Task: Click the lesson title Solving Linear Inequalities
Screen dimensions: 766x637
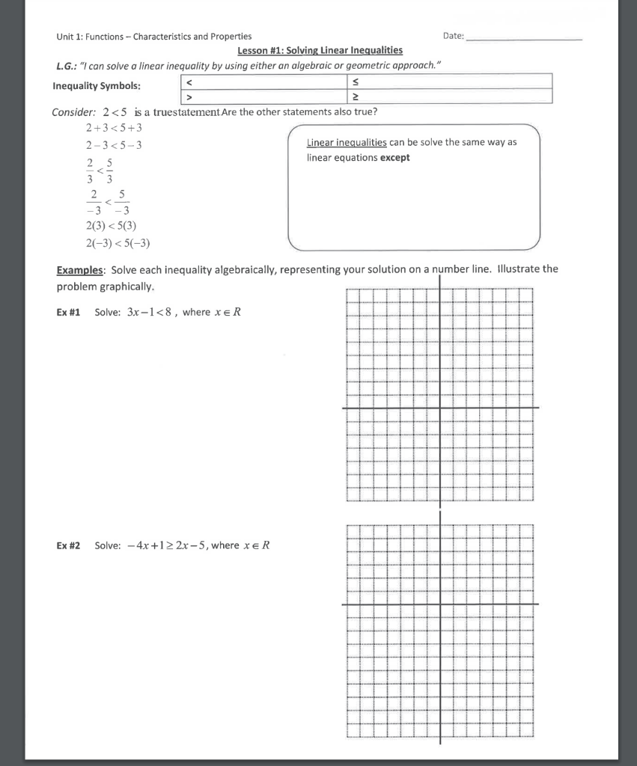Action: click(x=320, y=50)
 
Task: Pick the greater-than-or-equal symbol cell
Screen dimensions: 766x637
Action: click(x=447, y=96)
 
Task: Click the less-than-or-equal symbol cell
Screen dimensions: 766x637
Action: click(x=447, y=82)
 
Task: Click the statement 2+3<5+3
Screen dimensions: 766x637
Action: click(x=114, y=129)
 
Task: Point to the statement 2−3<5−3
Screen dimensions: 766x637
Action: click(x=114, y=145)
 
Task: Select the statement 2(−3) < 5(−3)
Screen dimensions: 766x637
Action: click(x=118, y=242)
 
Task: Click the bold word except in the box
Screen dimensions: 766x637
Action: click(x=395, y=158)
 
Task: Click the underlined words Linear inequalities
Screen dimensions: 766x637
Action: click(x=347, y=142)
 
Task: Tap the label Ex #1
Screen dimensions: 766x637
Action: click(x=68, y=312)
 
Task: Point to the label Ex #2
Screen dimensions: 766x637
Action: click(x=68, y=545)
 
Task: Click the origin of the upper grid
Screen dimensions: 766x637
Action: click(x=439, y=408)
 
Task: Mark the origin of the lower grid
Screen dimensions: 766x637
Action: click(x=439, y=604)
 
